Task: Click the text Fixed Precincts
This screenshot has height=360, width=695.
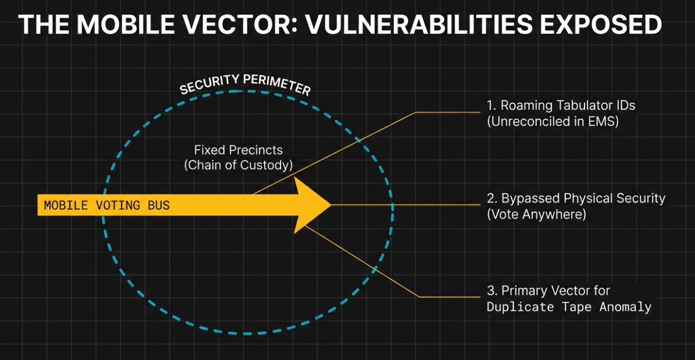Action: pyautogui.click(x=238, y=150)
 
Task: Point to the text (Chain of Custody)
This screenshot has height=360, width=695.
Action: pyautogui.click(x=238, y=165)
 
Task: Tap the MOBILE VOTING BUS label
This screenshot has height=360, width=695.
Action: pyautogui.click(x=107, y=205)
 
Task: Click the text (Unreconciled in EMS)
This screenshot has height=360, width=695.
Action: pyautogui.click(x=552, y=121)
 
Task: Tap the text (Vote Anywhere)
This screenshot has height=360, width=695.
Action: pyautogui.click(x=536, y=214)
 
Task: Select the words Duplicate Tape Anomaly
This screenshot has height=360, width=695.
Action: pyautogui.click(x=569, y=306)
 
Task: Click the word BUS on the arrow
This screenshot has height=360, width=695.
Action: pyautogui.click(x=159, y=205)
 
